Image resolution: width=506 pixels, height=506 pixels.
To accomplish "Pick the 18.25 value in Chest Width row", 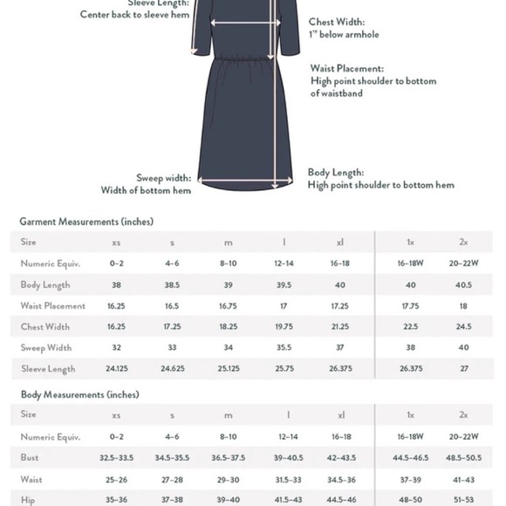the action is [228, 326].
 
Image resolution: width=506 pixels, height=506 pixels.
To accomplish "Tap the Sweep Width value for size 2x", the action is [463, 347].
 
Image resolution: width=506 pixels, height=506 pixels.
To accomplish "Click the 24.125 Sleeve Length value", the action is [116, 368].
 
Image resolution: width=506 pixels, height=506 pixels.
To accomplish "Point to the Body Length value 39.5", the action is [284, 284].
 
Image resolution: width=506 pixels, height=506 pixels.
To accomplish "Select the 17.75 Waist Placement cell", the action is [410, 305].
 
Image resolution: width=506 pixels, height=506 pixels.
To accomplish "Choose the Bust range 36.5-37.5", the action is [228, 457].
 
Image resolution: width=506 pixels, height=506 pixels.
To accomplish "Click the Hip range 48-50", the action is [410, 499].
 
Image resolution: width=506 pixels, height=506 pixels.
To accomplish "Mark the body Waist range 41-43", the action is [463, 478].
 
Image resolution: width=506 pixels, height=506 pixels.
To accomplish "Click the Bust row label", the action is [30, 457].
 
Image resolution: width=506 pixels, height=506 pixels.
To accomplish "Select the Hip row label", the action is [27, 499].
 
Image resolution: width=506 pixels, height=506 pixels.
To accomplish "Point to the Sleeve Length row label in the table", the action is [48, 369].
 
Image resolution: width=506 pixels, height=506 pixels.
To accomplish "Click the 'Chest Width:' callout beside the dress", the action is [337, 22].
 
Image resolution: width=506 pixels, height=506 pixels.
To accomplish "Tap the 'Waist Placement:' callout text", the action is [346, 68].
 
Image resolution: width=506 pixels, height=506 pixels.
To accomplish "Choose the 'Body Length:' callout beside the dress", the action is [336, 173].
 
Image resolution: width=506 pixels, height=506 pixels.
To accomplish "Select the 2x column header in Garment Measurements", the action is [463, 242].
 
